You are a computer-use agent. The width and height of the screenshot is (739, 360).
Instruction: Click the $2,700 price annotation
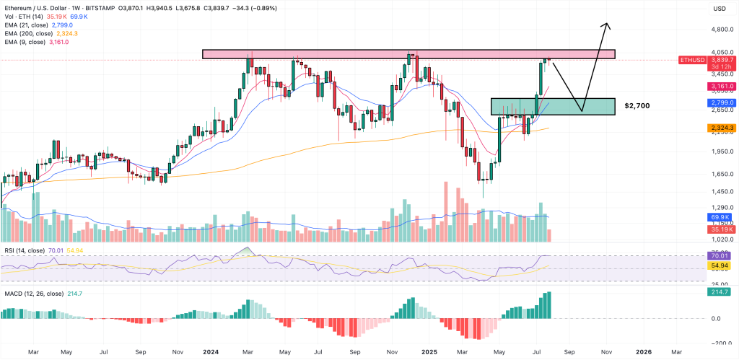(638, 106)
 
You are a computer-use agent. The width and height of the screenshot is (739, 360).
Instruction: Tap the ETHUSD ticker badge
(694, 60)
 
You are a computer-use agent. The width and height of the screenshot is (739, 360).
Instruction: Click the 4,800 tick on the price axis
(721, 30)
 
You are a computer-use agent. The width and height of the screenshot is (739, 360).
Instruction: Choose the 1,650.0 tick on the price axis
(721, 174)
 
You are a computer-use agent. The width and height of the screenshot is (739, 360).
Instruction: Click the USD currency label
(719, 8)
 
